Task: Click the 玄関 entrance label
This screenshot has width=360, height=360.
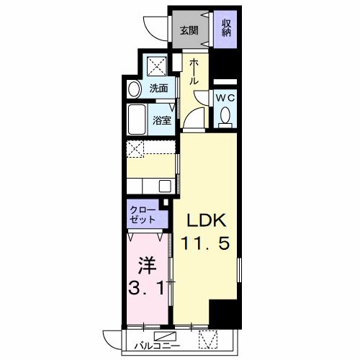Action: click(x=189, y=30)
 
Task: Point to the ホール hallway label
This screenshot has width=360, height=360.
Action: click(x=194, y=73)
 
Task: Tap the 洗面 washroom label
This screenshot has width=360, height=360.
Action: click(x=159, y=89)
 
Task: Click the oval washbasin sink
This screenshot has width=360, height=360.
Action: click(x=135, y=89)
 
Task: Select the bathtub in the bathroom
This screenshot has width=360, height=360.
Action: click(x=137, y=119)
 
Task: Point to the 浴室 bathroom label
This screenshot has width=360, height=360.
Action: click(x=162, y=120)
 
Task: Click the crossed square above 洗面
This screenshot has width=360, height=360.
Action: click(x=158, y=66)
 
